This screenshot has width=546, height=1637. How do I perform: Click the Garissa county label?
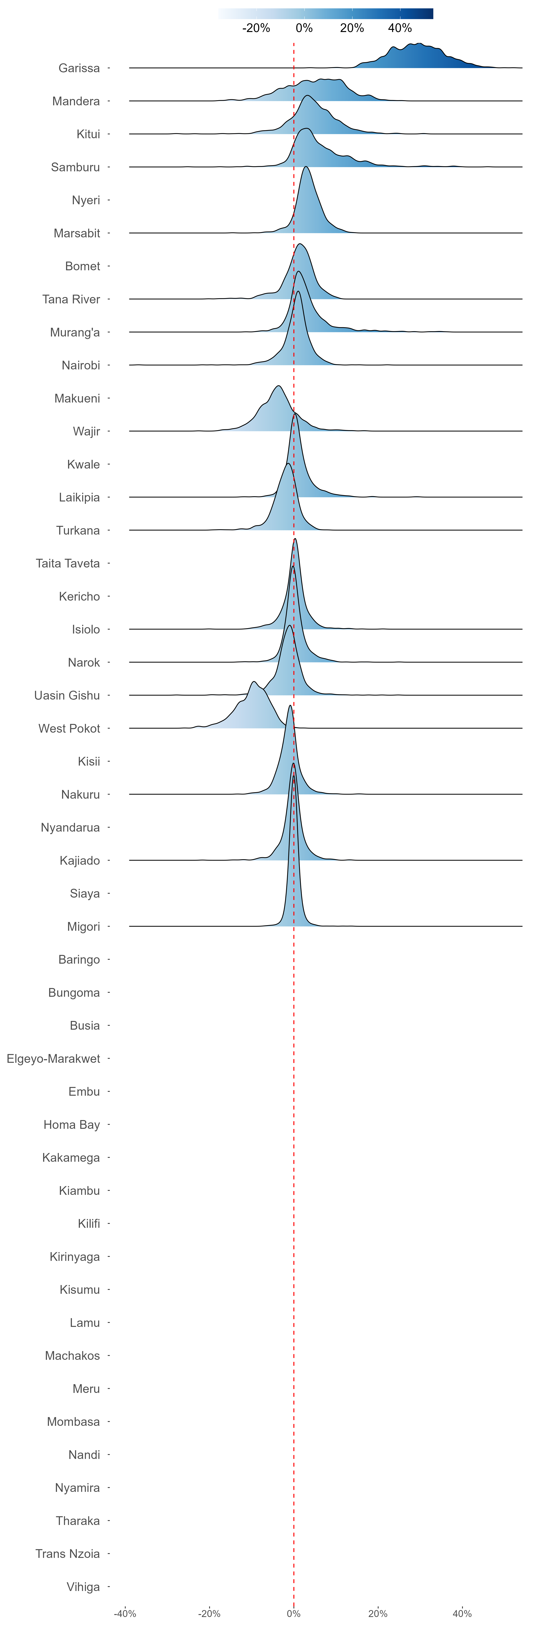click(79, 68)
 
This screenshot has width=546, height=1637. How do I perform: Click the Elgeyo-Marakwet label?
click(53, 1059)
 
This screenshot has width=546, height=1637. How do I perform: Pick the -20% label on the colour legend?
click(256, 28)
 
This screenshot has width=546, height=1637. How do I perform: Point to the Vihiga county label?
click(83, 1587)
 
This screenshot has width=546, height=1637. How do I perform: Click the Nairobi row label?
click(81, 365)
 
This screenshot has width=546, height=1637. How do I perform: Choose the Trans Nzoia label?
click(67, 1554)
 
